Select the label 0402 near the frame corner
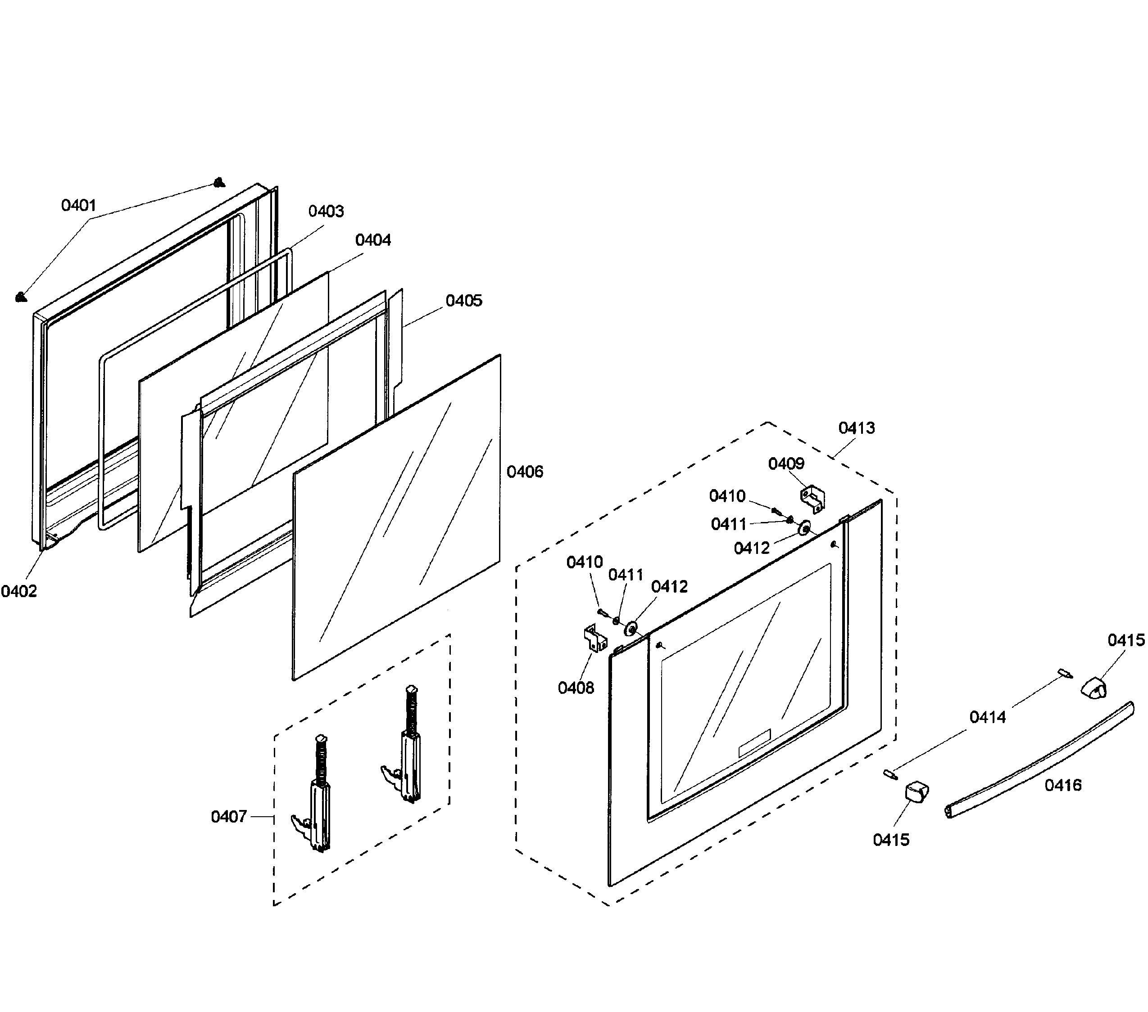[x=18, y=591]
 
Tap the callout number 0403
[x=326, y=211]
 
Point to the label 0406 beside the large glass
[x=525, y=472]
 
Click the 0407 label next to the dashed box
[x=229, y=817]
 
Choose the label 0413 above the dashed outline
[x=856, y=428]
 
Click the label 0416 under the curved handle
[x=1062, y=785]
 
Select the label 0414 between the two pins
[x=987, y=717]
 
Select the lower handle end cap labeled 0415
[x=916, y=792]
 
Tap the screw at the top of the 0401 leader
[x=220, y=182]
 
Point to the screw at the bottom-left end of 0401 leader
[x=21, y=297]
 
